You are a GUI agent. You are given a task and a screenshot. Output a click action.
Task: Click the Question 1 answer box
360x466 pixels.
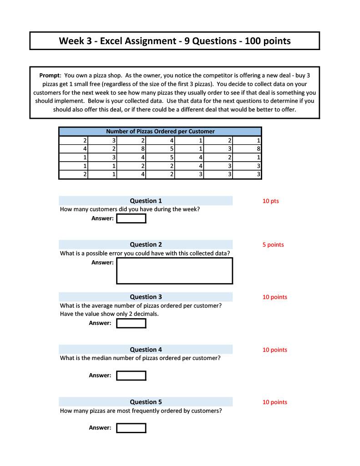point(131,218)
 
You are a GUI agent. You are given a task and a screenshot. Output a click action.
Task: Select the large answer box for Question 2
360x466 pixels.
point(174,271)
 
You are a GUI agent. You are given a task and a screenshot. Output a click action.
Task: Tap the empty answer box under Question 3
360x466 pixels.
point(131,323)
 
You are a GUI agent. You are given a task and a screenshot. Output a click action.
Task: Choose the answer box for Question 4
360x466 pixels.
point(131,375)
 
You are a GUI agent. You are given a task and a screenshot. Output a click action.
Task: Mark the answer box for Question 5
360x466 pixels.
point(131,428)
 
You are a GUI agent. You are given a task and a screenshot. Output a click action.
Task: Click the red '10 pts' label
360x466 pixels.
point(270,201)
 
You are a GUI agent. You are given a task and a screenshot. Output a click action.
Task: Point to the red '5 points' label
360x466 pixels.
point(273,245)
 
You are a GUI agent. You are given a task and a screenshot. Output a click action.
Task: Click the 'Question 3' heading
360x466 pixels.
point(146,297)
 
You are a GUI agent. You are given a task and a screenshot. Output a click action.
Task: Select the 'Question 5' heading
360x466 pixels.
point(146,402)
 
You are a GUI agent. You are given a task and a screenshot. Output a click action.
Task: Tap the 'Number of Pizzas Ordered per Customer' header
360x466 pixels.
point(160,132)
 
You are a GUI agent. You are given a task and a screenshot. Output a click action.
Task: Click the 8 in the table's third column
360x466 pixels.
point(143,148)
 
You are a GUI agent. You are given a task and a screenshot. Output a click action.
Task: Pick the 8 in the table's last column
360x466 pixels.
point(259,148)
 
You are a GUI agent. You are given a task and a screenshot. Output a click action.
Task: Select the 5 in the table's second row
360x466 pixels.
point(172,148)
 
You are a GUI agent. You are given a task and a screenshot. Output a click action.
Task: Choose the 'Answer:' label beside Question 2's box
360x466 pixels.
point(102,263)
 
